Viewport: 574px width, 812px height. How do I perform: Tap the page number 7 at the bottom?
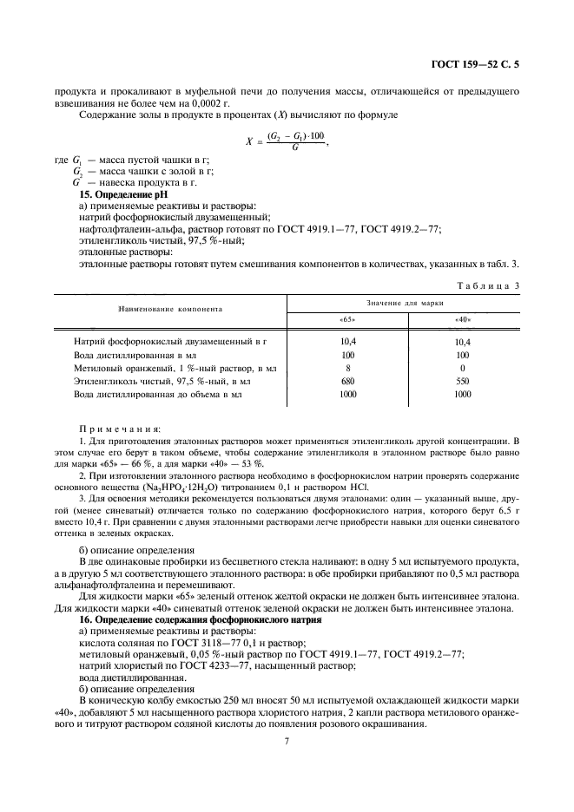tap(287, 741)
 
